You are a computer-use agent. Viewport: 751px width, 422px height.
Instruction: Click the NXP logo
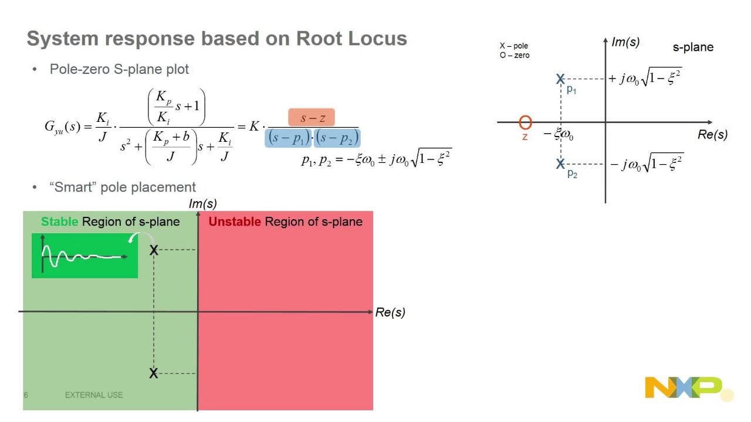(684, 388)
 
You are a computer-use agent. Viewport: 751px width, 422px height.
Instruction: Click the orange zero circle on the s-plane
(526, 122)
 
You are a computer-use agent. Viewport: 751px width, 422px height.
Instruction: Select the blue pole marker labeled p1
(561, 79)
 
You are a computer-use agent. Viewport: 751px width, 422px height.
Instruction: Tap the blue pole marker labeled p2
(561, 164)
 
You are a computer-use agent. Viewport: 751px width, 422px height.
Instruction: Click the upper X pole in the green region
(154, 250)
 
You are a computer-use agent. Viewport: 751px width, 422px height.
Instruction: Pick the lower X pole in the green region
(154, 373)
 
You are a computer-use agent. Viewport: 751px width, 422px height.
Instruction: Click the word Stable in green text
(59, 222)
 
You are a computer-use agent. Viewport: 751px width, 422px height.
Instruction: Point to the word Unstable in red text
(235, 222)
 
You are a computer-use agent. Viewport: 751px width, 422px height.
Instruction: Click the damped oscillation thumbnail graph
(84, 256)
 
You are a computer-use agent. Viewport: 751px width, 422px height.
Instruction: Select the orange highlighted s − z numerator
(311, 118)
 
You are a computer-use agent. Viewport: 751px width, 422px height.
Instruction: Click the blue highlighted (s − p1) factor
(288, 138)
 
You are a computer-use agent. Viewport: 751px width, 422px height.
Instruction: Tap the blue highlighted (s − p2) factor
(337, 138)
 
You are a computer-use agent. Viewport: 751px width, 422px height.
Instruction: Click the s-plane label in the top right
(693, 47)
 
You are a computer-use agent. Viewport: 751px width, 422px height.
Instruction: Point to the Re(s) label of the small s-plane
(712, 134)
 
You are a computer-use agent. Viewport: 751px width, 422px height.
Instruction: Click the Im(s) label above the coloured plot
(202, 204)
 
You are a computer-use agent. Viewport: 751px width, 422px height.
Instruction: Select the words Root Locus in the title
(351, 39)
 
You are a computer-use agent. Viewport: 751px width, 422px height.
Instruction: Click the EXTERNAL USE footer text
(94, 395)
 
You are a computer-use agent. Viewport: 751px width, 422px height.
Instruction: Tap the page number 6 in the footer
(26, 395)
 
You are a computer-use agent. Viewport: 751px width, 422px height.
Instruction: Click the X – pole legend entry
(514, 46)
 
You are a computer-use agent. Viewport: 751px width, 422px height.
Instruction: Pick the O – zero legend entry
(515, 55)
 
